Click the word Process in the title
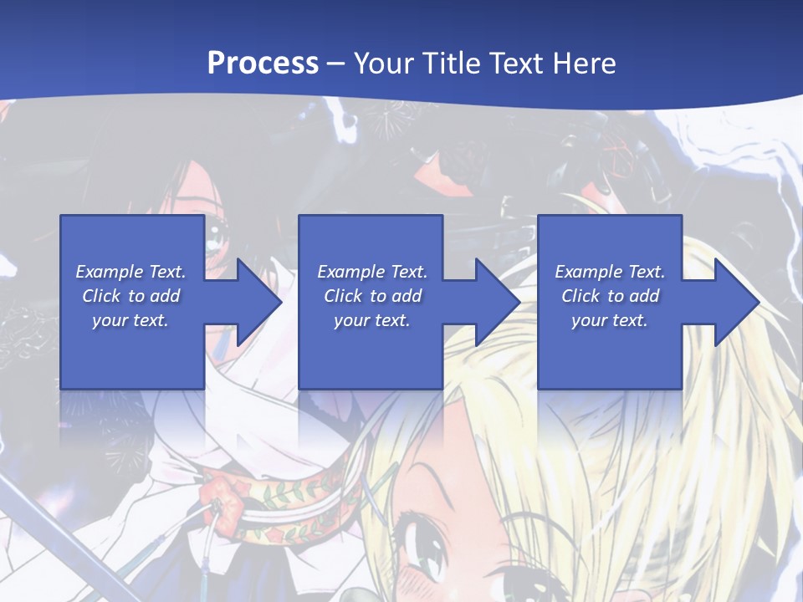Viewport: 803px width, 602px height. click(263, 63)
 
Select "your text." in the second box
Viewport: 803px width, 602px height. click(371, 320)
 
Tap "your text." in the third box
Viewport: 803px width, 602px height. click(609, 320)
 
